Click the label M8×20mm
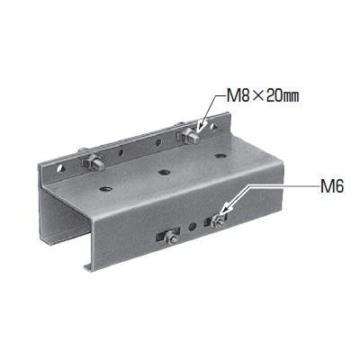pyautogui.click(x=263, y=96)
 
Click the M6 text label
pyautogui.click(x=331, y=187)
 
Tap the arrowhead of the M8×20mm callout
pyautogui.click(x=201, y=127)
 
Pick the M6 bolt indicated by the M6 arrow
pyautogui.click(x=216, y=221)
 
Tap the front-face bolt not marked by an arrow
pyautogui.click(x=170, y=236)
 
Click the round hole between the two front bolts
pyautogui.click(x=193, y=226)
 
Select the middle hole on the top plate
pyautogui.click(x=164, y=172)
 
